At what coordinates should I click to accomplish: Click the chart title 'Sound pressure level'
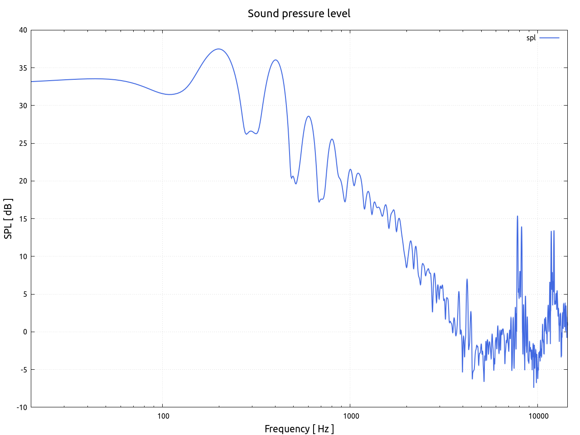299,14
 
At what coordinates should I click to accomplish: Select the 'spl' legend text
531,38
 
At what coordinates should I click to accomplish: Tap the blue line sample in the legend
549,38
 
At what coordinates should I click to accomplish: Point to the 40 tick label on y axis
23,30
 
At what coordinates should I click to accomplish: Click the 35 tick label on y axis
23,68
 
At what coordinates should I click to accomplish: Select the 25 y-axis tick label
23,143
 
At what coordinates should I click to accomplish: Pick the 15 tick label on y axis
23,219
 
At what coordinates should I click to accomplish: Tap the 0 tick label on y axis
25,332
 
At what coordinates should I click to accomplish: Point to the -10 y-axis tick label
22,407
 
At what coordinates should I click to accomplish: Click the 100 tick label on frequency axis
163,416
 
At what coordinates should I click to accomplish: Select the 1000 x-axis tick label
350,416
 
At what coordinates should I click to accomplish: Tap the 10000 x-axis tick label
537,416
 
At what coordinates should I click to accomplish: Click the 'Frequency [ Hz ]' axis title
299,429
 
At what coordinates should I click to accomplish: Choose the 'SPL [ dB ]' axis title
8,219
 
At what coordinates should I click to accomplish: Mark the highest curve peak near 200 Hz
219,49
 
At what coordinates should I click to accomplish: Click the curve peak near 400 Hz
275,60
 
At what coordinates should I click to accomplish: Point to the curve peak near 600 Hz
309,116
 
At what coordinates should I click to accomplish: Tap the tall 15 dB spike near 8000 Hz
517,217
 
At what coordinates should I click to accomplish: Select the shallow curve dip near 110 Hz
169,94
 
